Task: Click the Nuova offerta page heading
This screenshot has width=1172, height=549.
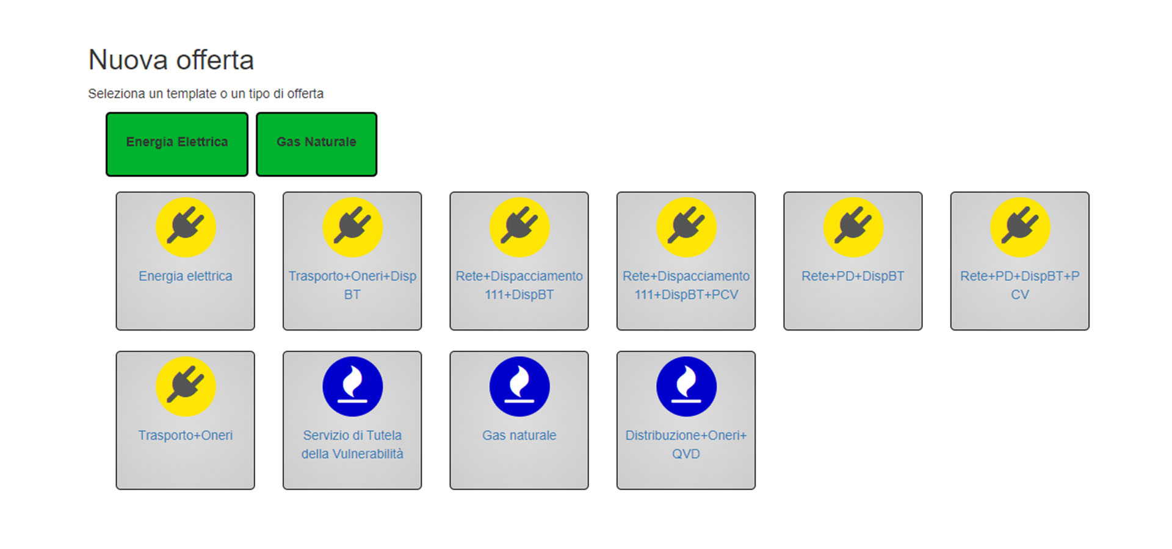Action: [171, 60]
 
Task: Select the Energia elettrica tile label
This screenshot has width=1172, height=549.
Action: [186, 276]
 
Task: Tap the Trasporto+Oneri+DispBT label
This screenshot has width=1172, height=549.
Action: [352, 285]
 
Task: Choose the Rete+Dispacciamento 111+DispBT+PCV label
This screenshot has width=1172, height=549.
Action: [686, 285]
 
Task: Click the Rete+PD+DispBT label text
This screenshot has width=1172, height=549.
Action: [853, 276]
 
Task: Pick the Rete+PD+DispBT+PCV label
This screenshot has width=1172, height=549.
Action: [1019, 285]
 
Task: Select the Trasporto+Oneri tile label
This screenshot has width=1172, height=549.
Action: [186, 436]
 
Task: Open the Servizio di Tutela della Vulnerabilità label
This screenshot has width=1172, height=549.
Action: [352, 444]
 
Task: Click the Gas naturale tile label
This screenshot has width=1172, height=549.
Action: [519, 436]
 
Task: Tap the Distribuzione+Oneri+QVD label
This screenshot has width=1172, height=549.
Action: [686, 444]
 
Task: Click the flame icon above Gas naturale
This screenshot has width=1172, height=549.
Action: [519, 387]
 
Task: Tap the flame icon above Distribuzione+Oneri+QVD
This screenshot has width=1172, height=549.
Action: [686, 387]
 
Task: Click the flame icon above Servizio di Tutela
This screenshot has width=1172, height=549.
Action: [352, 387]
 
